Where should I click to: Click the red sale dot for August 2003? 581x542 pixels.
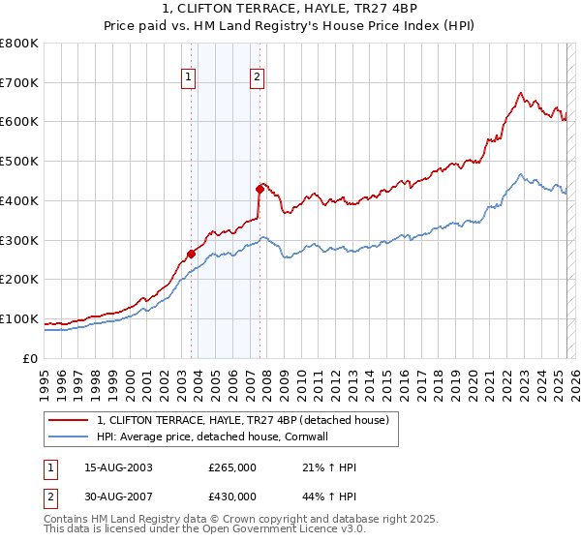[x=191, y=254]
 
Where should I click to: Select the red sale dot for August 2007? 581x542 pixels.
[x=260, y=189]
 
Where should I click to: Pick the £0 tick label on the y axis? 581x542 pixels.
[x=30, y=358]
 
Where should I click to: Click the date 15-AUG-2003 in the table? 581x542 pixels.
[x=119, y=467]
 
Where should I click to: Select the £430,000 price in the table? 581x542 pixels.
[x=232, y=497]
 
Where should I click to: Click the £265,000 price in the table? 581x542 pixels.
[x=232, y=467]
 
